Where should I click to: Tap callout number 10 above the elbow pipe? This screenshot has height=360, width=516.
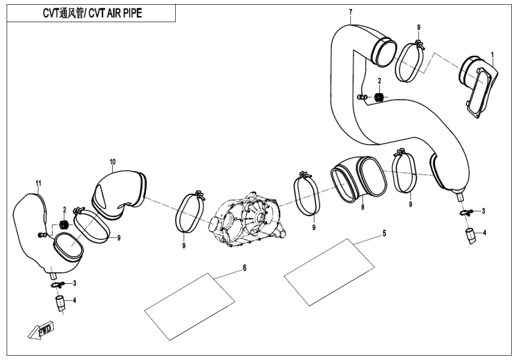pyautogui.click(x=112, y=162)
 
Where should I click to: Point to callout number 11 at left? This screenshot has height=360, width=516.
pyautogui.click(x=38, y=182)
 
